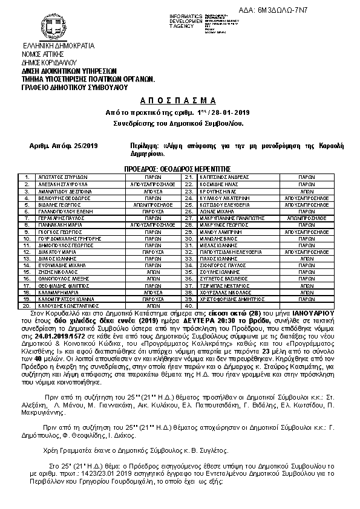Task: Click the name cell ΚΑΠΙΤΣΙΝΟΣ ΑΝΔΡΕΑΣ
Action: tap(223, 177)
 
